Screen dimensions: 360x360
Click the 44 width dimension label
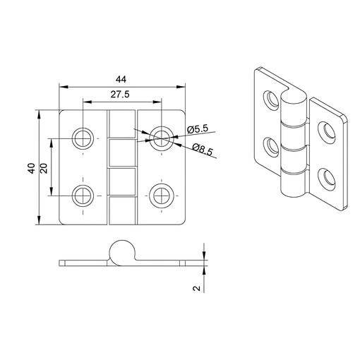coord(121,80)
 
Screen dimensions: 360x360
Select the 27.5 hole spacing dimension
coord(120,95)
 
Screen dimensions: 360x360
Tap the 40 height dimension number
coord(32,168)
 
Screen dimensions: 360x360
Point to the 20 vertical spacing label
coord(44,168)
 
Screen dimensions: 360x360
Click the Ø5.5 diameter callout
coord(198,129)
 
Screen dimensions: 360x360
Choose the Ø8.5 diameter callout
coord(203,150)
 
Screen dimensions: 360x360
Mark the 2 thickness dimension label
coord(196,288)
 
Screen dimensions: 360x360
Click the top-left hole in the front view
coord(83,138)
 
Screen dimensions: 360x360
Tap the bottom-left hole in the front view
coord(83,196)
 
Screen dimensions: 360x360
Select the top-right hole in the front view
coord(162,138)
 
